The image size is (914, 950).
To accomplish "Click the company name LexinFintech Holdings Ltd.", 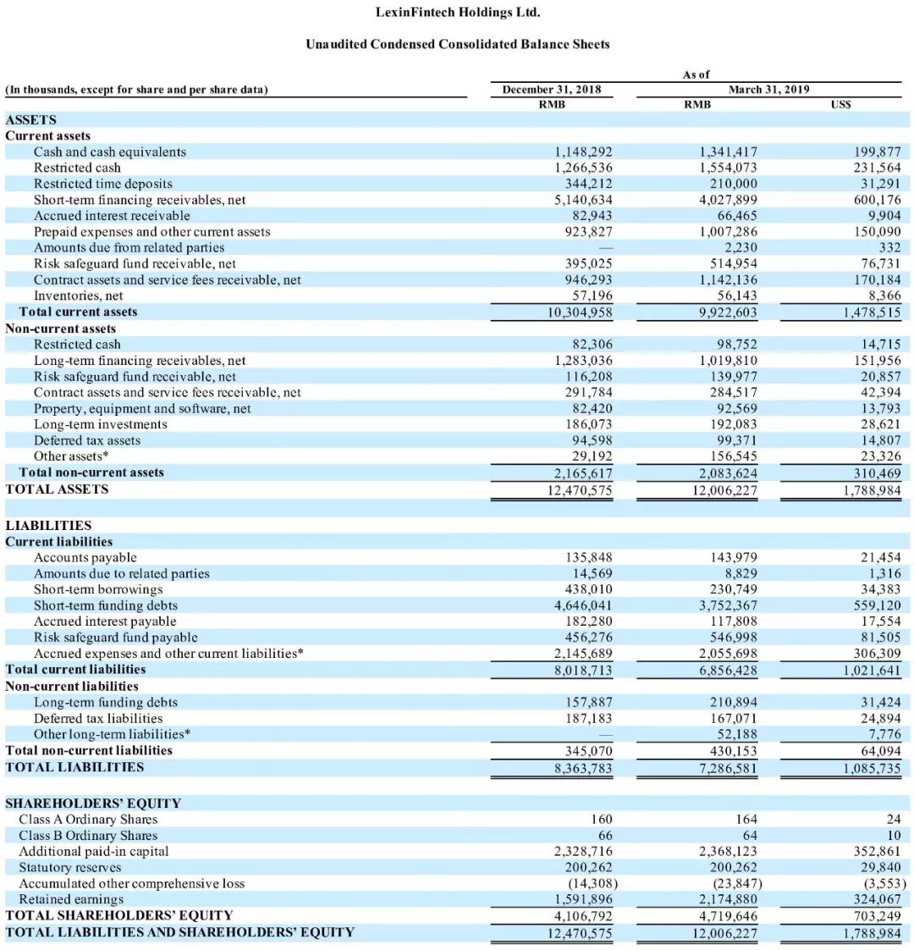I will [x=457, y=12].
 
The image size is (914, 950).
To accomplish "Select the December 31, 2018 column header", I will [x=552, y=89].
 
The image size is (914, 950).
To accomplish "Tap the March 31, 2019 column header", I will [x=769, y=89].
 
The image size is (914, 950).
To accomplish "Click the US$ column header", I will [x=842, y=104].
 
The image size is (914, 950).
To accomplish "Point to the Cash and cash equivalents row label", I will [x=110, y=152].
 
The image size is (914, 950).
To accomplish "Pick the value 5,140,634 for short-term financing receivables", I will [x=583, y=200].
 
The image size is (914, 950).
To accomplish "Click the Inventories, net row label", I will [x=78, y=295].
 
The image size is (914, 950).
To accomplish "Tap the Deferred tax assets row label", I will [x=87, y=440].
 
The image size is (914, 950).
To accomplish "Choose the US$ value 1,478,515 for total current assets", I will [x=872, y=312].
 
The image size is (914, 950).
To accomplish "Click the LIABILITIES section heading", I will [x=48, y=525].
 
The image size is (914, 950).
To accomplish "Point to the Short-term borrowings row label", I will [x=98, y=589].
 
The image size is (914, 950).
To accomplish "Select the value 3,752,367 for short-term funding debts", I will [x=728, y=605].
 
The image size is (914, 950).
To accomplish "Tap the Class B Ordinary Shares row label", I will [x=88, y=836].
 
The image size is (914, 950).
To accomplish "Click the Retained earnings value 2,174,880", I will [x=728, y=899].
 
